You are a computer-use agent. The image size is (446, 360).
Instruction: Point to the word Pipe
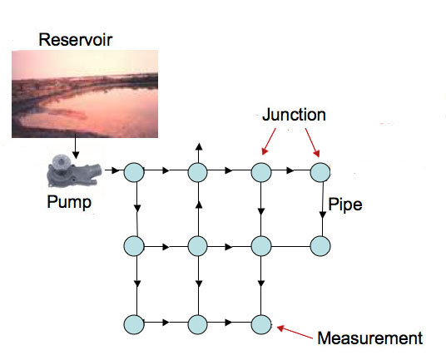tap(344, 203)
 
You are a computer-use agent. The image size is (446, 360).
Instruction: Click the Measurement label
tap(369, 338)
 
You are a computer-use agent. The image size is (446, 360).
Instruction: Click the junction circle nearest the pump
tap(135, 173)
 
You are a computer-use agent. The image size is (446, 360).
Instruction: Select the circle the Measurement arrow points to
tap(260, 323)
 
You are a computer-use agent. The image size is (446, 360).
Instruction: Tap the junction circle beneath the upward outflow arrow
tap(197, 173)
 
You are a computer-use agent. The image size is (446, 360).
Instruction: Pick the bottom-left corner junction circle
tap(135, 323)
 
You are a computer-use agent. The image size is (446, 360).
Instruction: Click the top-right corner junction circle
tap(321, 173)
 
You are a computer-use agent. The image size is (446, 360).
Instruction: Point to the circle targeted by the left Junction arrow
tap(260, 173)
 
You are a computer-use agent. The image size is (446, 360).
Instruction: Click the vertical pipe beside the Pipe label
tap(322, 210)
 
